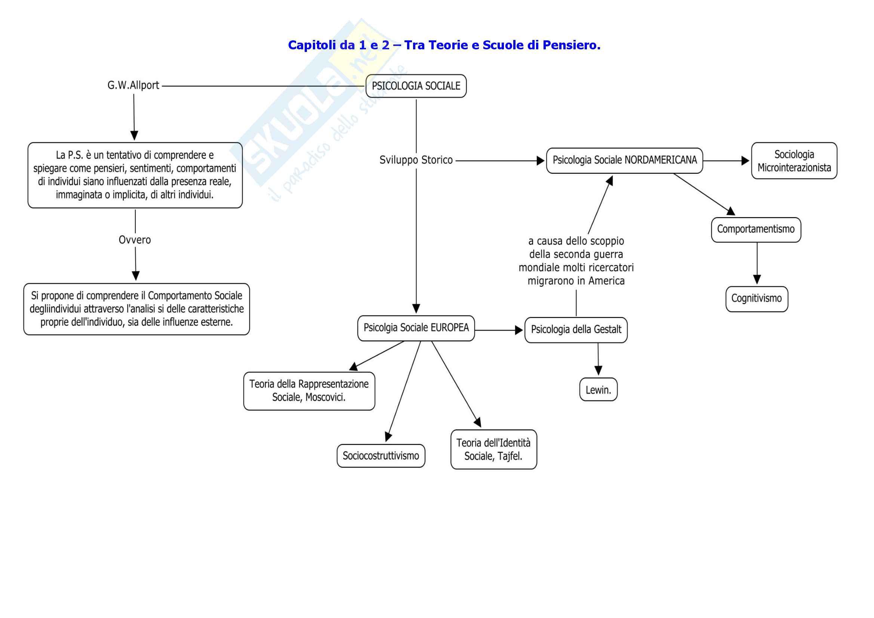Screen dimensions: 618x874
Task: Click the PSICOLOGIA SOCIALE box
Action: pos(416,86)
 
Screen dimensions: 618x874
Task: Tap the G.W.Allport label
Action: pos(133,85)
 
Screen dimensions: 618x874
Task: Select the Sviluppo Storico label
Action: pos(416,160)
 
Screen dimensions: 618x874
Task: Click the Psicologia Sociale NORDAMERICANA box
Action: pos(624,160)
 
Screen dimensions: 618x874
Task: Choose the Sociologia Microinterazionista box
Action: pos(794,161)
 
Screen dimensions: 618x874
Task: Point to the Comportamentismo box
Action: pos(755,229)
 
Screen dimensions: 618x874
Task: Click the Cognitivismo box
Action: pos(756,299)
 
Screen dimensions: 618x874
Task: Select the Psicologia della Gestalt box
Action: pos(576,330)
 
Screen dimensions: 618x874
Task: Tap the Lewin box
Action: pos(598,390)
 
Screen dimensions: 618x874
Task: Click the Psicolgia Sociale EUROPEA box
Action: pos(416,328)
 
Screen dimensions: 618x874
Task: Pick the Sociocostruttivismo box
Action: pos(381,456)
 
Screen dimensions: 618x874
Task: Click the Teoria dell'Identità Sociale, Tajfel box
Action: pos(493,449)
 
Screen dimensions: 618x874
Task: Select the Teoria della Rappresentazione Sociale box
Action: pos(309,391)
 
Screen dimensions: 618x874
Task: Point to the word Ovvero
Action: pos(135,240)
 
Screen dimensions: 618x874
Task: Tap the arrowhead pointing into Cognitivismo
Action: pos(757,280)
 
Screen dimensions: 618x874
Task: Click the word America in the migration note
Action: pos(606,281)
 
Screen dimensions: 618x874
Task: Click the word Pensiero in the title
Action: pos(571,45)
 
